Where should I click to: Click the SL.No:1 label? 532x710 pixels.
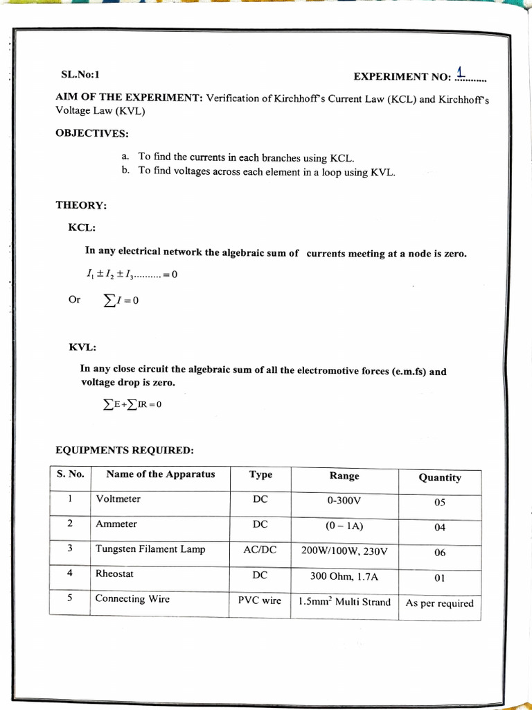tap(80, 74)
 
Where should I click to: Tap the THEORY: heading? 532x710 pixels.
tap(81, 205)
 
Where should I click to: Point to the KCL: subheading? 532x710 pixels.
tap(82, 227)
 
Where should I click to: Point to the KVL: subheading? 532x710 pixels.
tap(82, 347)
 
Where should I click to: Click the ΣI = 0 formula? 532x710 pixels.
tap(121, 301)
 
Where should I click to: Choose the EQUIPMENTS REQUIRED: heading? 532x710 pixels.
tap(125, 451)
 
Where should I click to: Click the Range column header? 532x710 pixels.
tap(344, 476)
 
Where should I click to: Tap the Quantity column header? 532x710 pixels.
tap(439, 478)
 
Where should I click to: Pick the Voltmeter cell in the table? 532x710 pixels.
tap(118, 499)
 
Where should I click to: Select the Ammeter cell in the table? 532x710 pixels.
tap(116, 524)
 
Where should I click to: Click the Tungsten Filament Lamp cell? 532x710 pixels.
tap(150, 549)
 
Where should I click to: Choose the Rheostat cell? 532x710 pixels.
tap(114, 574)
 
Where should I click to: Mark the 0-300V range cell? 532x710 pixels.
tap(344, 501)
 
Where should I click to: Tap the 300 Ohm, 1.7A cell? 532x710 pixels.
tap(344, 576)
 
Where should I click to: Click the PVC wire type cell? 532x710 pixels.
tap(260, 600)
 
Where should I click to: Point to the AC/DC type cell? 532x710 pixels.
tap(260, 550)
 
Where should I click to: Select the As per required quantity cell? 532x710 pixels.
tap(439, 603)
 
